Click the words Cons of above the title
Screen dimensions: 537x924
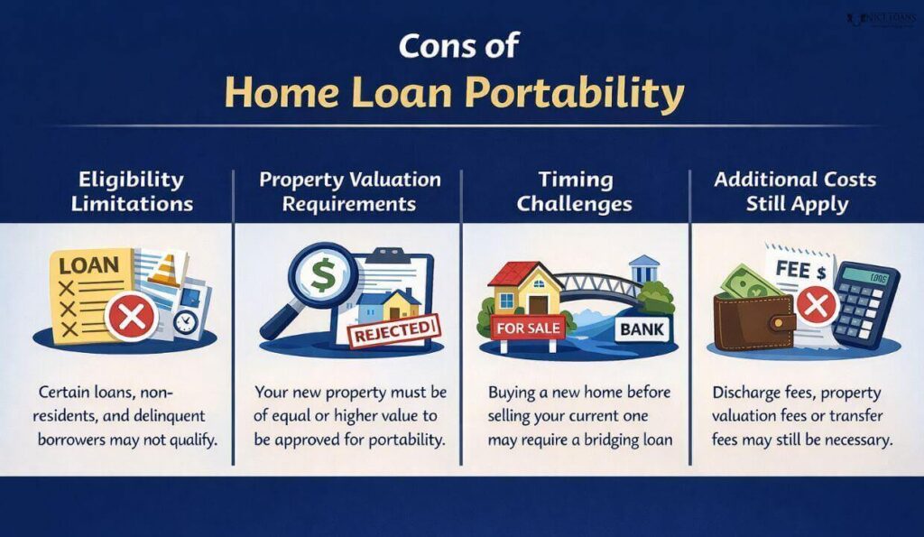[461, 46]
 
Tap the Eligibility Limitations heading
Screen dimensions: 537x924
[132, 191]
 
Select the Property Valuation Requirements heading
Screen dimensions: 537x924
[350, 191]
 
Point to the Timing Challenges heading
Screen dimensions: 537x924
[575, 191]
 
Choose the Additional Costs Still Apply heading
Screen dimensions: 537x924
[796, 191]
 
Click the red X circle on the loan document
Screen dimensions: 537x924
[132, 317]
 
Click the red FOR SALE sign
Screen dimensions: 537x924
[528, 329]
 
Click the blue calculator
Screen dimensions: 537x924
[864, 299]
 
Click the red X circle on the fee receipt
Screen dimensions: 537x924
[817, 306]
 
